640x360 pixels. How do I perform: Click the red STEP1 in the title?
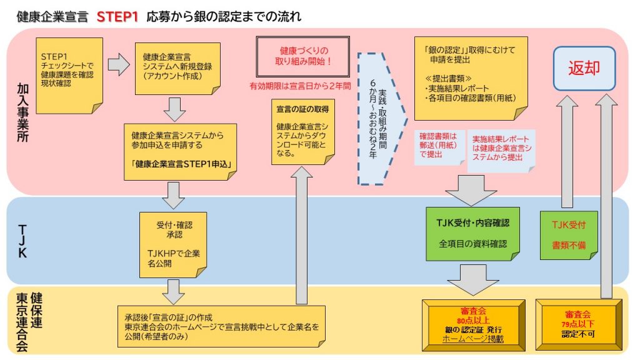(x=117, y=17)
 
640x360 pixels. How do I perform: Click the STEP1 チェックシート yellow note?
(x=70, y=71)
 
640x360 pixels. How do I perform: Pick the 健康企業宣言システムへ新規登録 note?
(x=177, y=67)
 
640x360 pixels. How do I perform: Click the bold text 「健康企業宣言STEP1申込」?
(x=182, y=165)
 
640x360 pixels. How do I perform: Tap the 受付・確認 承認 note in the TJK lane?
(x=172, y=242)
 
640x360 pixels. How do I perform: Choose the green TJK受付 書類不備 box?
(x=568, y=233)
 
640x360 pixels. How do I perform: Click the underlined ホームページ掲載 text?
(x=472, y=339)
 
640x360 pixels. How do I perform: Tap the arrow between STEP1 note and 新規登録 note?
(x=118, y=64)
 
